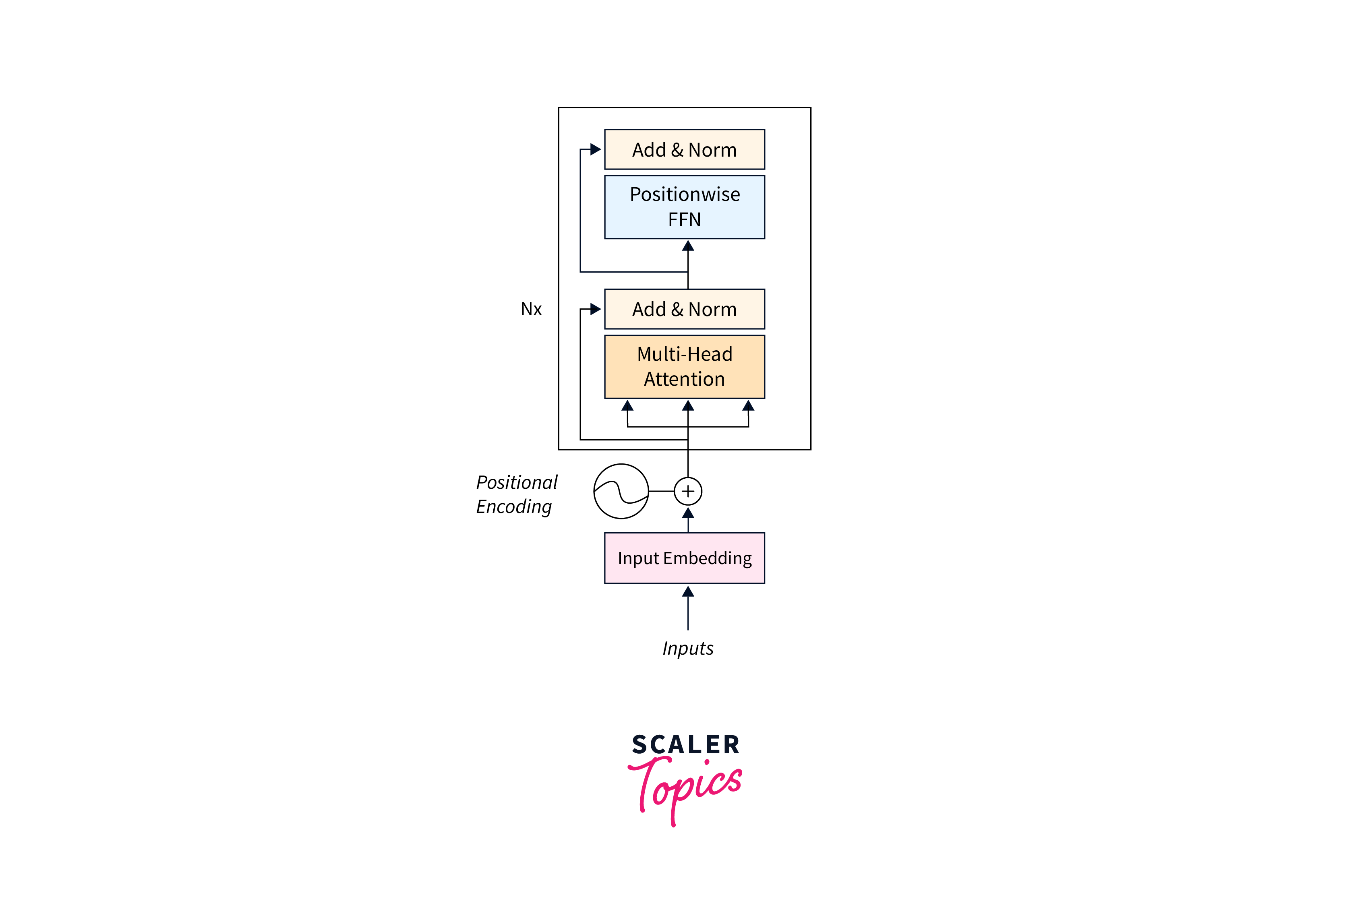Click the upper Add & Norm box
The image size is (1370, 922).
(685, 149)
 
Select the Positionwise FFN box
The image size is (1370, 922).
(685, 207)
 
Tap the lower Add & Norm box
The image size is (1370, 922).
(685, 309)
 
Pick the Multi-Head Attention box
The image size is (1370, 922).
(685, 366)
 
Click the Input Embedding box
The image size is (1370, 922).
(685, 558)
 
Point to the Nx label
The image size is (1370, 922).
(531, 309)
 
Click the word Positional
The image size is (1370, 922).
(517, 482)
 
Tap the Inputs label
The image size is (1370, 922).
(688, 648)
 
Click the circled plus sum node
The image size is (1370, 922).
(688, 491)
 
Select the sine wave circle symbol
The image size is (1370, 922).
(621, 491)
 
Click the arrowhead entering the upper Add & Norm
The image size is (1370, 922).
(596, 149)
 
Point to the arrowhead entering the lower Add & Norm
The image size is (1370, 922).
(596, 309)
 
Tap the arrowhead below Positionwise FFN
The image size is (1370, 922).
(688, 246)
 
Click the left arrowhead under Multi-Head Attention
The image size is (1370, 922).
(627, 406)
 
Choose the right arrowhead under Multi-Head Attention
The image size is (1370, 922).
(748, 406)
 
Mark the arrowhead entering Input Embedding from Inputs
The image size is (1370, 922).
(688, 591)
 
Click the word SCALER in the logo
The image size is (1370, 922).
(685, 745)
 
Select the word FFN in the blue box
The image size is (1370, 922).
(685, 220)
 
